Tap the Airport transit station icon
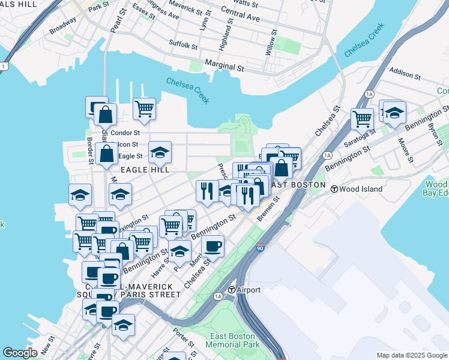231,290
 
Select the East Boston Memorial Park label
230,340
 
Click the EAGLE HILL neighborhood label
145,170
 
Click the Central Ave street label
240,14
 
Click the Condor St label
125,133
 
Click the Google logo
20,353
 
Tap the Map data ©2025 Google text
411,355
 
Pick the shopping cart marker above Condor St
144,109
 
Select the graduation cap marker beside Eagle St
160,152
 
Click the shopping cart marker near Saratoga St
362,119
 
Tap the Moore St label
405,150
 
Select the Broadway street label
62,28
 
